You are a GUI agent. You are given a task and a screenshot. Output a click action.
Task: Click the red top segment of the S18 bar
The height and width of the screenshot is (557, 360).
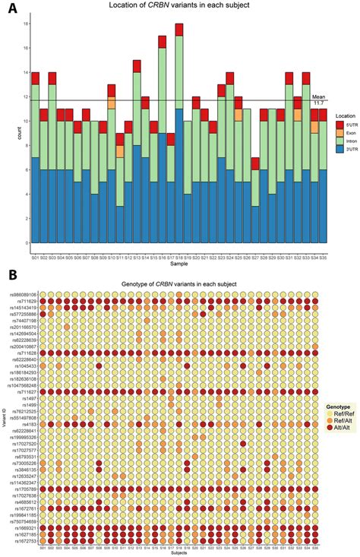point(179,30)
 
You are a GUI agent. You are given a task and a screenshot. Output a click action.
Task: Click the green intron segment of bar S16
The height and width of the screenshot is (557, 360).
point(163,90)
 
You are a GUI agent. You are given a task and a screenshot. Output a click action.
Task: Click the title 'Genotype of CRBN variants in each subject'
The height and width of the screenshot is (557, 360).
point(180,283)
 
